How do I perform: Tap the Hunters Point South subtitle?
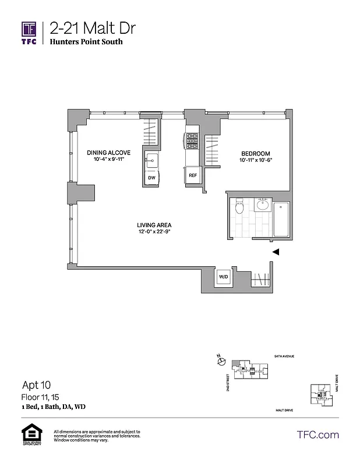pyautogui.click(x=86, y=42)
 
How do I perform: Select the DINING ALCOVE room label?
pyautogui.click(x=109, y=153)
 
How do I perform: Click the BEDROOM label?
pyautogui.click(x=256, y=153)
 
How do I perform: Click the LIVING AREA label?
pyautogui.click(x=154, y=225)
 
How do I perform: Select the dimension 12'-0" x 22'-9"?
pyautogui.click(x=154, y=232)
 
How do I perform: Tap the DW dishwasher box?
pyautogui.click(x=151, y=178)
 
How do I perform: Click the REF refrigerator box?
pyautogui.click(x=192, y=174)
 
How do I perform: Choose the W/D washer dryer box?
pyautogui.click(x=223, y=276)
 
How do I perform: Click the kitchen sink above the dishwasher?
pyautogui.click(x=151, y=160)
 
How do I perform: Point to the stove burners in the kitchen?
pyautogui.click(x=192, y=141)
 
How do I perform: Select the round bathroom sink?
pyautogui.click(x=262, y=206)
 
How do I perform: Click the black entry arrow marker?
pyautogui.click(x=277, y=252)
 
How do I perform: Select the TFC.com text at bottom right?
pyautogui.click(x=317, y=435)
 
